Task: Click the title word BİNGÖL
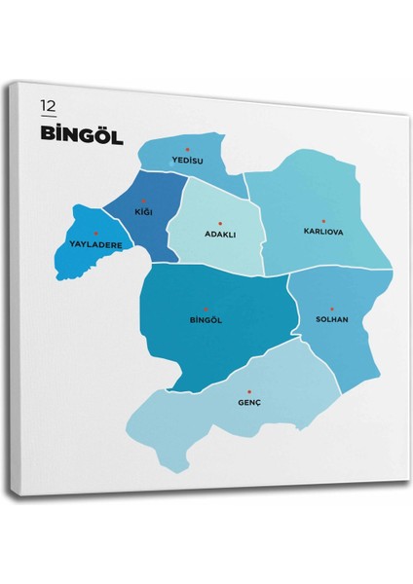pos(82,134)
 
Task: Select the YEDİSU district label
pos(185,160)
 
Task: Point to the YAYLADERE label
pos(95,244)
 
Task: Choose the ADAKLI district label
pos(220,235)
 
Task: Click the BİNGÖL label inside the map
pos(207,319)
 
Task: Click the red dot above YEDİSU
pos(187,149)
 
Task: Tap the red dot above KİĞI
pos(144,201)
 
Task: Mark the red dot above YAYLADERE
pos(95,234)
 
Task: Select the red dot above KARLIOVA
pos(323,221)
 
